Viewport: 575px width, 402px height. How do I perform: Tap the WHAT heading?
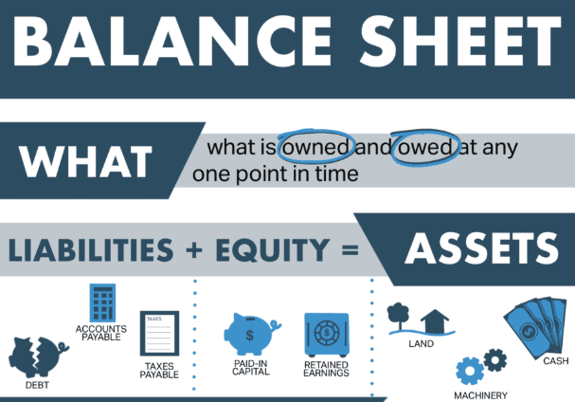86,161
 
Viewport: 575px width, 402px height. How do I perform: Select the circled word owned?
315,148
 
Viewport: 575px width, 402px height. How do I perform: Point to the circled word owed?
425,148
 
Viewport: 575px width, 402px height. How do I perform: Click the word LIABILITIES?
91,250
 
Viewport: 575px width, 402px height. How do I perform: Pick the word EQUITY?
273,250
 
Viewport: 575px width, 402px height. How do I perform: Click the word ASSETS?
482,248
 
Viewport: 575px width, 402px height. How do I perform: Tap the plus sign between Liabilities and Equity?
194,250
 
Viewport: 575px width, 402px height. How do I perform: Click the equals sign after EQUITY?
350,250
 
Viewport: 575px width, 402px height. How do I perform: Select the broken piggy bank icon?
38,356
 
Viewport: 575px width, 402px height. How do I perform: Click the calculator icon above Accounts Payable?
102,302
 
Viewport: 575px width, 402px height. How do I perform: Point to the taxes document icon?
159,334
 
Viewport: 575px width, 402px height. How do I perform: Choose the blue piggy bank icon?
252,334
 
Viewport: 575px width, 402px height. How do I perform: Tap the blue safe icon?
327,335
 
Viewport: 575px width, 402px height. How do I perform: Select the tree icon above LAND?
399,316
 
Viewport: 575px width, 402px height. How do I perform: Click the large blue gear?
470,371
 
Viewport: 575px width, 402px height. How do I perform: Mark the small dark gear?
495,360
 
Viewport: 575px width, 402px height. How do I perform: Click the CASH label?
555,361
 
